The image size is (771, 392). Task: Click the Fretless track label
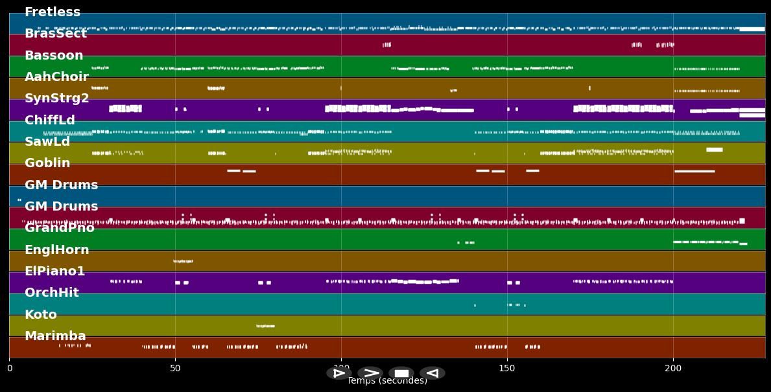53,12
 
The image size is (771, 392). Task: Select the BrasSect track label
56,34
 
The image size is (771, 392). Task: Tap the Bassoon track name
54,56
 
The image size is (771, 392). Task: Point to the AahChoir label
56,77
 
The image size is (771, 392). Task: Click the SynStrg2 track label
57,98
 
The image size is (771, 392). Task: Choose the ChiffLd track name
50,121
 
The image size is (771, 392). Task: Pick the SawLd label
47,142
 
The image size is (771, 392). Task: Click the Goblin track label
47,163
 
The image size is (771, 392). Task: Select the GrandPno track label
60,228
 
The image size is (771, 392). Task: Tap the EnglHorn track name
57,250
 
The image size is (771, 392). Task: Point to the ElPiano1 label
55,271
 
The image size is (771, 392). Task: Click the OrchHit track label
52,293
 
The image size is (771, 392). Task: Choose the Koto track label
41,315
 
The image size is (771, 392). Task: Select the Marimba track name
55,336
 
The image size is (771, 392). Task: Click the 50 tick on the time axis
175,369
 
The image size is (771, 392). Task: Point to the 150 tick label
507,369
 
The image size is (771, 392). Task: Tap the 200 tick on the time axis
673,369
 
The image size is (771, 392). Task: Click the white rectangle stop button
401,373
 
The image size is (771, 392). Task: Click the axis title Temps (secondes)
387,382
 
